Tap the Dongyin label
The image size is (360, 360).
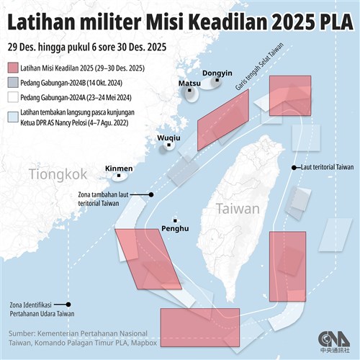coord(217,73)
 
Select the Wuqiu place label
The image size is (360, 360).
coord(168,136)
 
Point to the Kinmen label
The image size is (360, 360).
coord(119,168)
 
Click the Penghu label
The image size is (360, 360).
coord(176,229)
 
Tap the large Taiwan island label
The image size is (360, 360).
coord(237,209)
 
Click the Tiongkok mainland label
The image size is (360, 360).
coord(58,174)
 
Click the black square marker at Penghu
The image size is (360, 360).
coord(175,219)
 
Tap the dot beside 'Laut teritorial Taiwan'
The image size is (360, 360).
coord(292,167)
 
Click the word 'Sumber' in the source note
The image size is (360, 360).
coord(24,334)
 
